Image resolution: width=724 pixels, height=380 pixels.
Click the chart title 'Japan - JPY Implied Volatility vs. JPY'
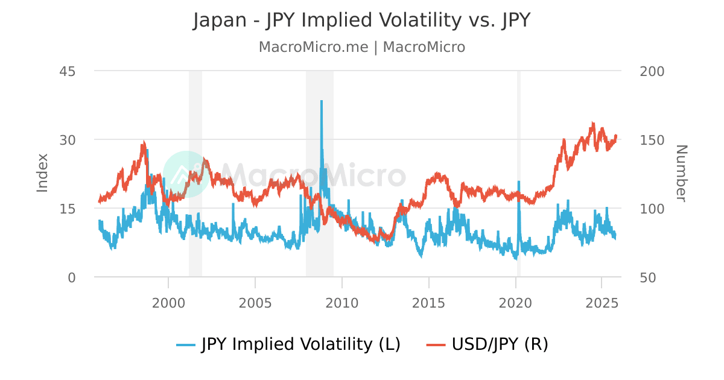click(362, 20)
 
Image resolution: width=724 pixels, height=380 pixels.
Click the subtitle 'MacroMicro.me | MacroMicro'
click(362, 47)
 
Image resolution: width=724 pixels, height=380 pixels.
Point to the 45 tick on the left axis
click(67, 71)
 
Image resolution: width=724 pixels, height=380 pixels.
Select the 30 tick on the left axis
click(67, 140)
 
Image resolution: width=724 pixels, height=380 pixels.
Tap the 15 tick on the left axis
click(67, 209)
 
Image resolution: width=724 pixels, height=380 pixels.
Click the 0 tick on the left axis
click(71, 277)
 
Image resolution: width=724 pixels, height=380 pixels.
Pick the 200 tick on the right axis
click(652, 71)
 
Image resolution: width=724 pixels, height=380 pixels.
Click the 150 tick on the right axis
click(652, 140)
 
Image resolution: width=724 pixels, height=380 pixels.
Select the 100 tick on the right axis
click(652, 209)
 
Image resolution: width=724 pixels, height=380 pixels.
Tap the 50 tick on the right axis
click(648, 277)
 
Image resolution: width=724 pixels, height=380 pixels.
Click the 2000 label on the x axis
click(168, 302)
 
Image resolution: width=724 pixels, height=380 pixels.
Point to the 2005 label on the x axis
click(255, 302)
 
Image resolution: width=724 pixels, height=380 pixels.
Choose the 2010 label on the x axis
click(342, 302)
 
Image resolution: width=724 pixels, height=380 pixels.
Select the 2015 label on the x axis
click(429, 302)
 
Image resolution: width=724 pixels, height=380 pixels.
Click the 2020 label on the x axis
click(516, 302)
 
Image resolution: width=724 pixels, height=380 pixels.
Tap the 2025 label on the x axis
click(602, 302)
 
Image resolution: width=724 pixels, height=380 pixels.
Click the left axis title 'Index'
click(42, 173)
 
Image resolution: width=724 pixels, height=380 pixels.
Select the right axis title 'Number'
click(681, 173)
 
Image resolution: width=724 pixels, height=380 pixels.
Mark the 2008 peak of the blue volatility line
click(322, 101)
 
